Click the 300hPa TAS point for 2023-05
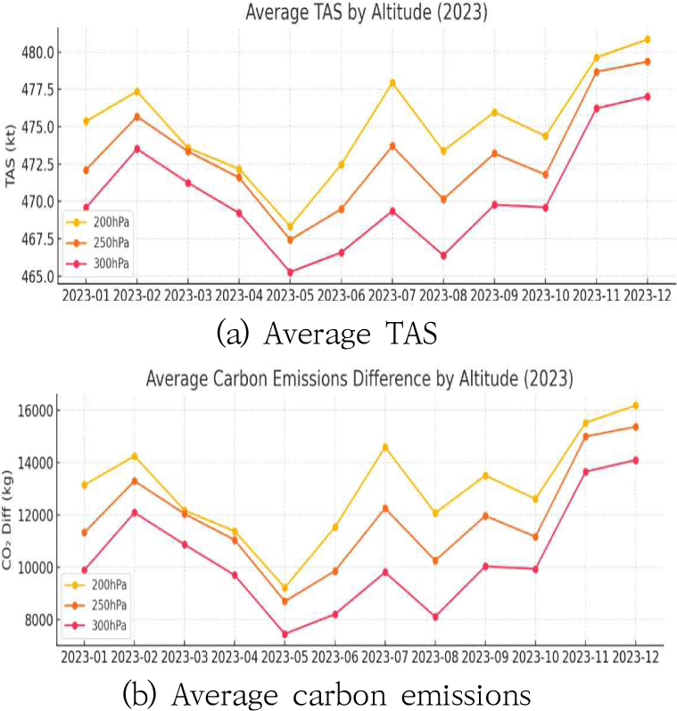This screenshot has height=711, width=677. click(x=290, y=272)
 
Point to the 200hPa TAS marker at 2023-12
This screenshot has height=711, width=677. click(x=647, y=39)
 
